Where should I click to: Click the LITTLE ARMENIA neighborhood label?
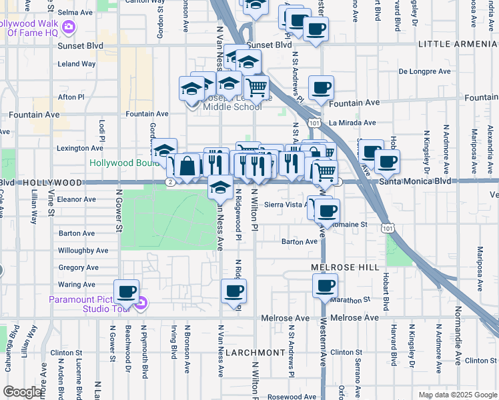(x=458, y=44)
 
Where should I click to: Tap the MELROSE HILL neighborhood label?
(x=340, y=267)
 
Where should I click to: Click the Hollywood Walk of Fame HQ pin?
(x=68, y=27)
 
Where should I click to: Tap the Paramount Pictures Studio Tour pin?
(x=140, y=305)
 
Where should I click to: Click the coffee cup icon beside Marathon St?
(x=325, y=286)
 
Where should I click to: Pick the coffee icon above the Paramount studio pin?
(x=126, y=291)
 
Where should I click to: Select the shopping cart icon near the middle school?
(x=256, y=87)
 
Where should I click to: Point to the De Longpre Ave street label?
(x=426, y=71)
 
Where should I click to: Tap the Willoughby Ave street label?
(x=83, y=251)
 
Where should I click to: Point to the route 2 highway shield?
(x=171, y=182)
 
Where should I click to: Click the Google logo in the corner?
(x=22, y=392)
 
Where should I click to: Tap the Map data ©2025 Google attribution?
(x=457, y=395)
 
